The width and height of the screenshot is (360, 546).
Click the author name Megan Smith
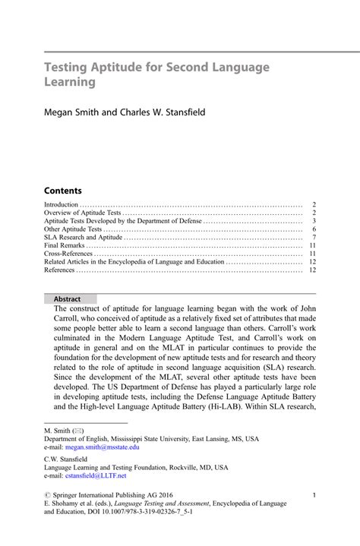click(71, 112)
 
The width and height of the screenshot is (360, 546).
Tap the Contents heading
click(63, 191)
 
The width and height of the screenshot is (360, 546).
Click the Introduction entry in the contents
click(62, 205)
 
